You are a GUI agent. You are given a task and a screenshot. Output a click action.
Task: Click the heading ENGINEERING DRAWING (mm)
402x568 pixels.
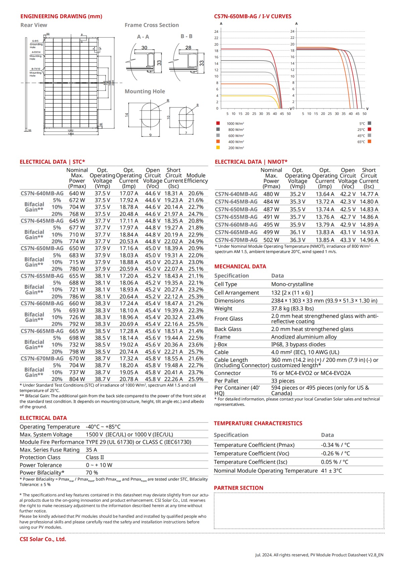61,16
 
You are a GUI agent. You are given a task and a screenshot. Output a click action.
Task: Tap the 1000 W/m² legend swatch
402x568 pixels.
218,123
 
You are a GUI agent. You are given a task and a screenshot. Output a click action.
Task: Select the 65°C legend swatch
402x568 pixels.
370,141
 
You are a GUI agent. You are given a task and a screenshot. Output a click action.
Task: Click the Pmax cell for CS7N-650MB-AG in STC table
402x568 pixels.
77,248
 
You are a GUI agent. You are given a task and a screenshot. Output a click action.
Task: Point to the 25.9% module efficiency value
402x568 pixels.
196,379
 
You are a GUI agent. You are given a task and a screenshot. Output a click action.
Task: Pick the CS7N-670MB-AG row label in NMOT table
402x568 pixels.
236,240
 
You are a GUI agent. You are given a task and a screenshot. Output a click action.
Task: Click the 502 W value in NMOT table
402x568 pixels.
271,240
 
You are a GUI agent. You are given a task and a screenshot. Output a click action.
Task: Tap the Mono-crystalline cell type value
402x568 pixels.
292,284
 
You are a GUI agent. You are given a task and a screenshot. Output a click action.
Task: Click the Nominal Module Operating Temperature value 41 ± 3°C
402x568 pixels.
331,471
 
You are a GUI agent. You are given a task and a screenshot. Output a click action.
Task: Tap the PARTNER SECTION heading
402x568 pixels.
239,488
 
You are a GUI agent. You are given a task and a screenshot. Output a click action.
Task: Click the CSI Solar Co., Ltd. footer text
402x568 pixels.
43,539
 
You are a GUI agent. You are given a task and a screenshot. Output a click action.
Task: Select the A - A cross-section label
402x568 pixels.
143,37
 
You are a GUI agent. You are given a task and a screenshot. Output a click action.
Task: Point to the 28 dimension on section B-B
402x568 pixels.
188,48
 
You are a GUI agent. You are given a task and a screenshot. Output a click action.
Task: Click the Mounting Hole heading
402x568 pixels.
145,91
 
